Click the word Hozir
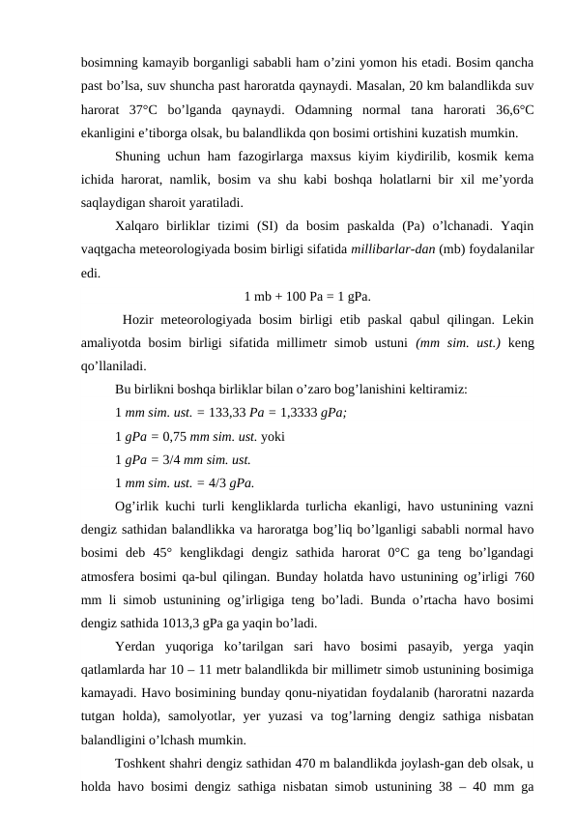(142, 320)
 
